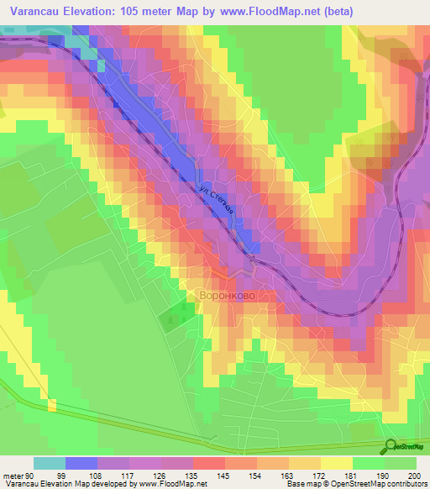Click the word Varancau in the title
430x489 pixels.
[x=37, y=12]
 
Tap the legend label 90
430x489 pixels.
[x=30, y=475]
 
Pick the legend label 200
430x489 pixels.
[x=413, y=475]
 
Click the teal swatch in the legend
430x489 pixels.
[x=50, y=463]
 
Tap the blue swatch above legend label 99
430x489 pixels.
[x=81, y=463]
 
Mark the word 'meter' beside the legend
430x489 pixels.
[x=13, y=475]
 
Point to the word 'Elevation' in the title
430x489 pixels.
[x=97, y=12]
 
